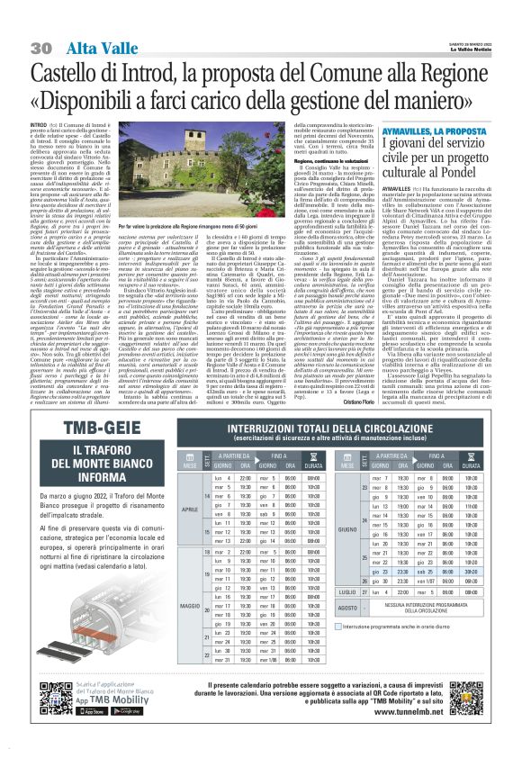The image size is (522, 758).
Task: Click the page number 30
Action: tap(40, 48)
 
